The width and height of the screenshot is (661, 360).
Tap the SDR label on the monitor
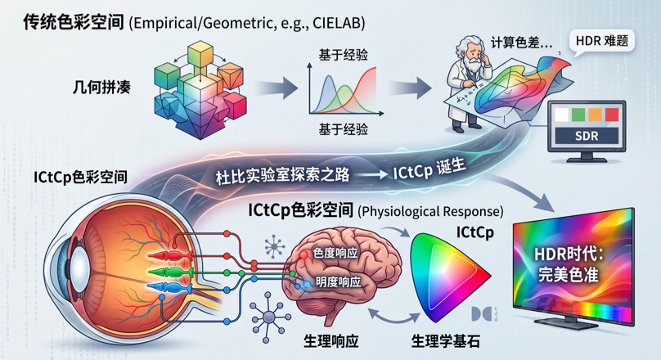pos(587,136)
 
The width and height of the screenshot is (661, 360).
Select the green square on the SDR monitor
pos(578,115)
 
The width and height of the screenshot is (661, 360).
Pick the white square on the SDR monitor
pos(561,115)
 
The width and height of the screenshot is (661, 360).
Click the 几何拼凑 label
pos(101,87)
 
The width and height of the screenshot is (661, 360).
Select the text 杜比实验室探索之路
pos(282,174)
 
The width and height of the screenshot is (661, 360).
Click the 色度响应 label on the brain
pos(335,253)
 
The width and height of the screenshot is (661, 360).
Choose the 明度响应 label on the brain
pos(339,281)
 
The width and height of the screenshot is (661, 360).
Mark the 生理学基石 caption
pos(445,341)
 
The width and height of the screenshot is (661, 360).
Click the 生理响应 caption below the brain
pos(331,341)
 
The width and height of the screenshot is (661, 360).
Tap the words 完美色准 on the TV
pos(569,275)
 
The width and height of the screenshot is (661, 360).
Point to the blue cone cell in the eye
pos(170,287)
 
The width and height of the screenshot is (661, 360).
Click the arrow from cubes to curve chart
pos(276,88)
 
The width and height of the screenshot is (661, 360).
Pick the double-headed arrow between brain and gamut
pos(393,315)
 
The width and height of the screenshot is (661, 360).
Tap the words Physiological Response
pos(430,211)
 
